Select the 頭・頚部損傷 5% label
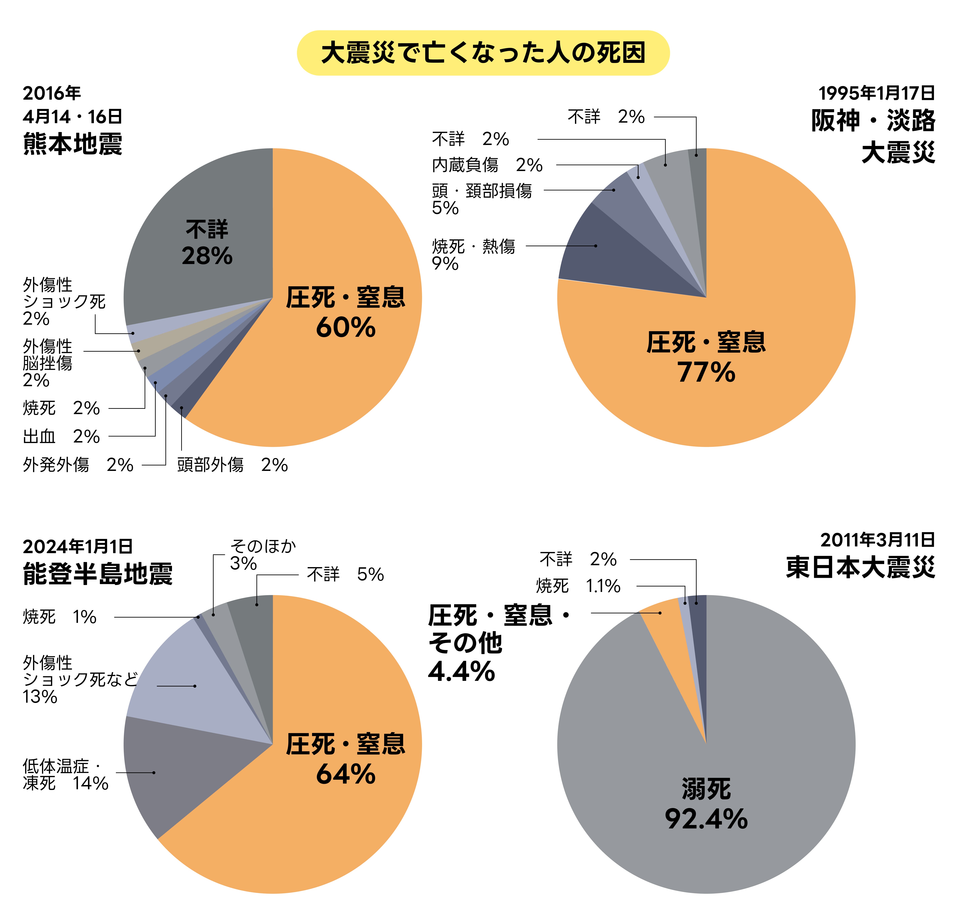(x=481, y=199)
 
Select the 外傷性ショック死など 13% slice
(x=197, y=685)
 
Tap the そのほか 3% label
(x=262, y=554)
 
